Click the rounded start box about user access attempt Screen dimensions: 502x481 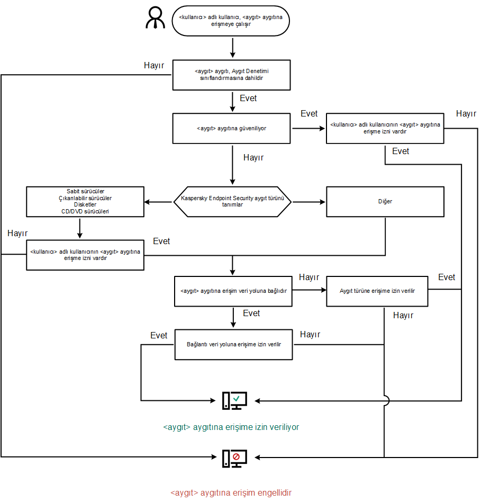[231, 21]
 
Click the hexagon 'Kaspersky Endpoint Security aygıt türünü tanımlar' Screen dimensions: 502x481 [233, 202]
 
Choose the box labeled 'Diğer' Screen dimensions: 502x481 [385, 202]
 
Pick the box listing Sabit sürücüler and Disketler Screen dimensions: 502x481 [85, 201]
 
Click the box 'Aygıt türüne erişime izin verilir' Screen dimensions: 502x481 [377, 291]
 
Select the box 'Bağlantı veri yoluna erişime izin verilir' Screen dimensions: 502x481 [233, 344]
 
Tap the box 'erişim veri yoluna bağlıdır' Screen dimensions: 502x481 [233, 291]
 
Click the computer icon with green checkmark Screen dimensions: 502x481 [234, 401]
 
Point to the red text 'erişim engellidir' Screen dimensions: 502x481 [231, 492]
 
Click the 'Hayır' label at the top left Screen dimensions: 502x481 [154, 66]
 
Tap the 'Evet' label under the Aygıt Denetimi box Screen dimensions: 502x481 [249, 98]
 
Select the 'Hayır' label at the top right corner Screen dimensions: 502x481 [466, 114]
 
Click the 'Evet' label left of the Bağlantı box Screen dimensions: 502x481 [159, 336]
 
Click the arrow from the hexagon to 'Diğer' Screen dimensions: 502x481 [309, 202]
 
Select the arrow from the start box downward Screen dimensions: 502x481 [232, 48]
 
